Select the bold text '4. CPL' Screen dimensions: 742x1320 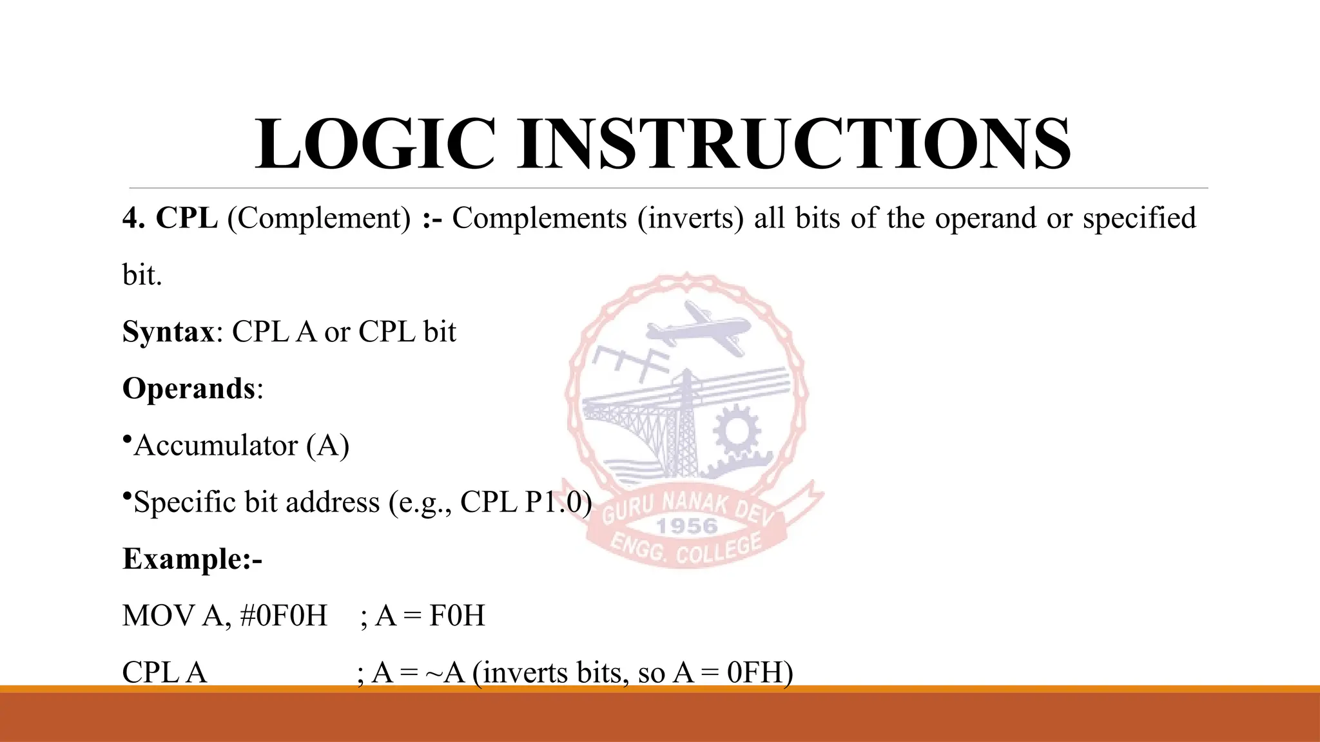(x=170, y=218)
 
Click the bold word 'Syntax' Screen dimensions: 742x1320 (x=168, y=332)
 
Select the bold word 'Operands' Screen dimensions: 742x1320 (x=189, y=389)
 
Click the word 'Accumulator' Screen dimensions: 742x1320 (x=215, y=446)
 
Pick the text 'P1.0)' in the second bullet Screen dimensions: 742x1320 (x=558, y=502)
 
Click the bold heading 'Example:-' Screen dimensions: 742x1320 (x=192, y=559)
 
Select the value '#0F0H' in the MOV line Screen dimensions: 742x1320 (x=284, y=616)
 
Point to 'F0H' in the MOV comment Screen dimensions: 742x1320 (x=457, y=616)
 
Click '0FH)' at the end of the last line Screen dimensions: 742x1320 (x=760, y=672)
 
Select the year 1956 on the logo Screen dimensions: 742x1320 (x=686, y=526)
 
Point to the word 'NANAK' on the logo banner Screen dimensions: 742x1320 (x=695, y=502)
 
